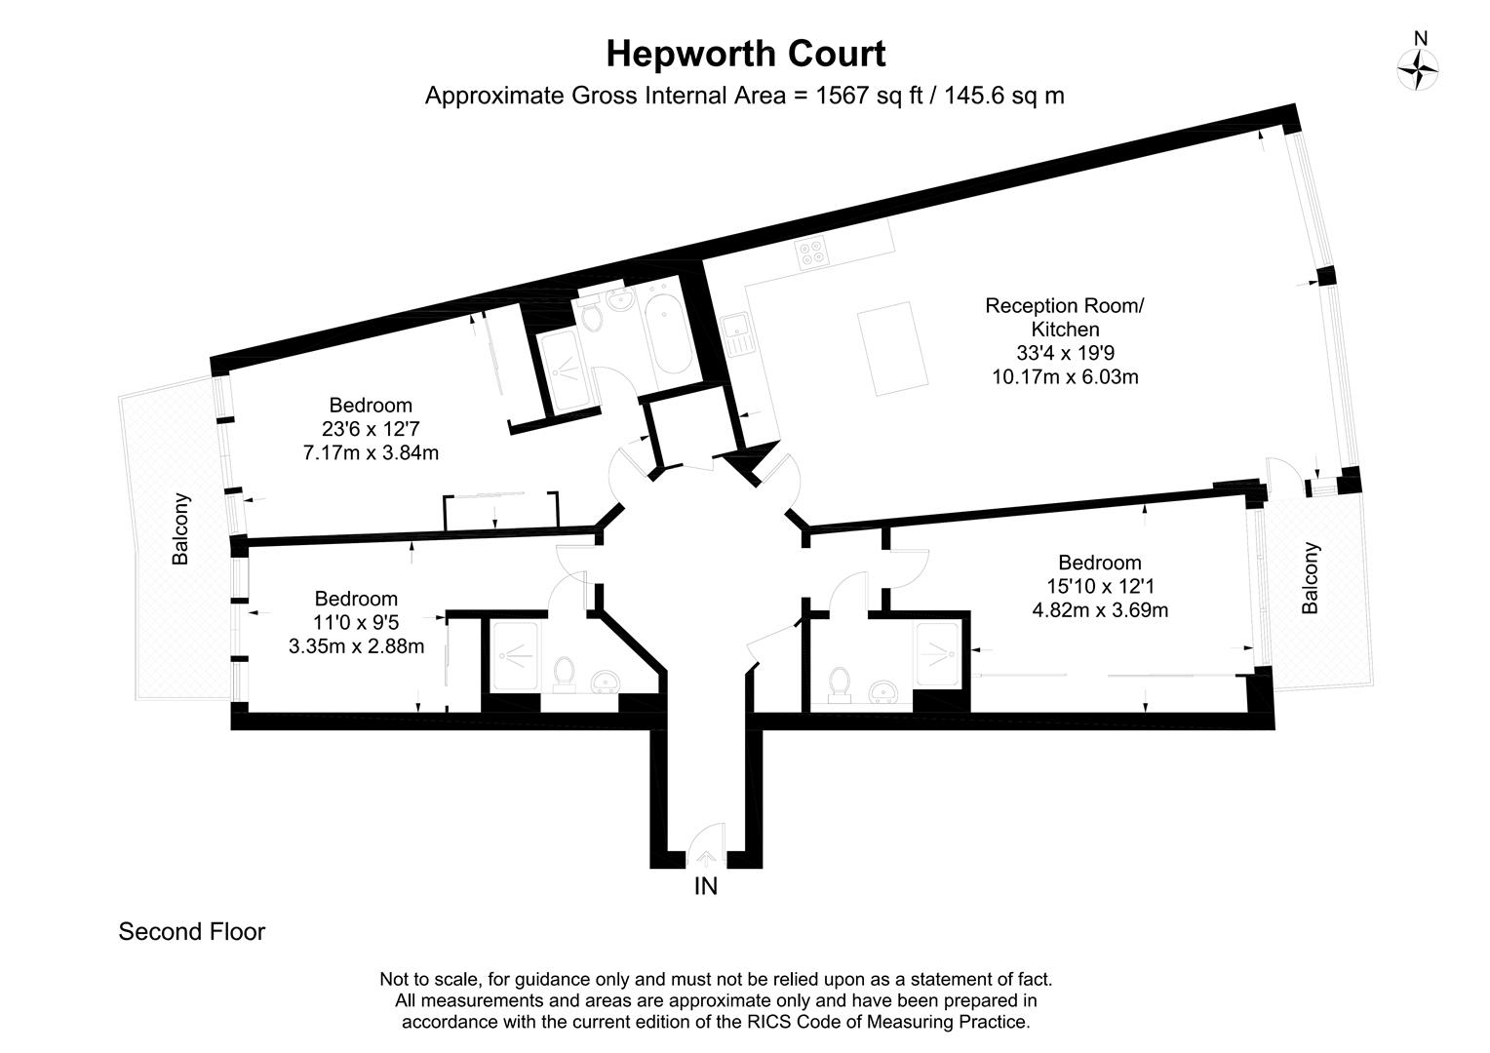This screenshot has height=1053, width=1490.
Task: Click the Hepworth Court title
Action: click(745, 54)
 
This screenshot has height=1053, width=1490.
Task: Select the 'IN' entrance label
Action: click(705, 886)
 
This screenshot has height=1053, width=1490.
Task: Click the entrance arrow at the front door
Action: click(705, 859)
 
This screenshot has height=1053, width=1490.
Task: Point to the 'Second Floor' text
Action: click(191, 932)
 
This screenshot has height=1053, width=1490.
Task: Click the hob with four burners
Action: click(811, 253)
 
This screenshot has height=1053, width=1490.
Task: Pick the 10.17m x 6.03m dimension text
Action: click(1065, 376)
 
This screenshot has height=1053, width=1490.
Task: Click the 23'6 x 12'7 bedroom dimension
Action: click(371, 428)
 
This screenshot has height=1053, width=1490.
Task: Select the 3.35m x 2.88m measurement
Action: click(356, 645)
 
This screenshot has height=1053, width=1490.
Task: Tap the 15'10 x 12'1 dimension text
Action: click(1100, 587)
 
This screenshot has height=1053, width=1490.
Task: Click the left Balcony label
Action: click(180, 529)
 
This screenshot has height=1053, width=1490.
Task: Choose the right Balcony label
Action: click(1311, 578)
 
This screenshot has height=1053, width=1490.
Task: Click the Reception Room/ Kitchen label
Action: click(1065, 318)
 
